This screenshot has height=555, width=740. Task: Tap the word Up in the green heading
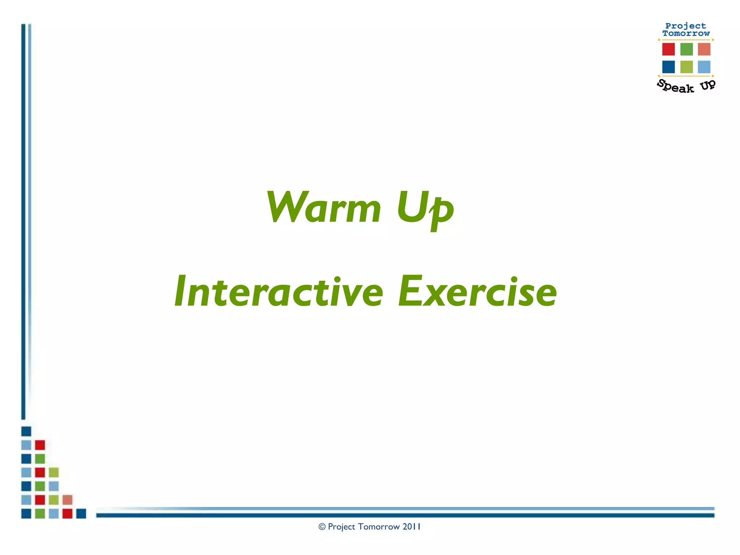[425, 208]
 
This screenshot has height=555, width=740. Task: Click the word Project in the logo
[685, 26]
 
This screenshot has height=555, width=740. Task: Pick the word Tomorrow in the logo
[686, 33]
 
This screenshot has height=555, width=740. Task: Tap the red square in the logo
[668, 49]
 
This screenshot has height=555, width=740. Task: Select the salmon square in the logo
[704, 49]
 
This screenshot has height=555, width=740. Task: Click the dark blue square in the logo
[668, 67]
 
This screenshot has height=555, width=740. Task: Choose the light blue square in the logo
[704, 67]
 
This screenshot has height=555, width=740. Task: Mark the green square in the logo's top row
[686, 49]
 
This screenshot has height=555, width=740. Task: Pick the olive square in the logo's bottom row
[686, 67]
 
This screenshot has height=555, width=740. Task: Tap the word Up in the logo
[707, 85]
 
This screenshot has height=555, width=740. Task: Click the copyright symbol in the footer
[322, 527]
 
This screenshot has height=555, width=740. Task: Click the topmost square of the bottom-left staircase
[26, 431]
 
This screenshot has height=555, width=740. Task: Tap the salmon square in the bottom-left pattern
[67, 500]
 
